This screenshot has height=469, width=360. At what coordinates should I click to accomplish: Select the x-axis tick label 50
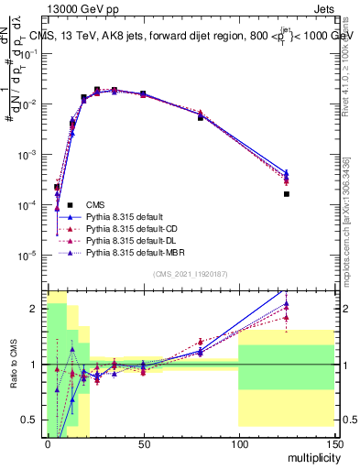coord(143,442)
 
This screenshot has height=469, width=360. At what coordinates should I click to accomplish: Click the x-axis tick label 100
coord(238,442)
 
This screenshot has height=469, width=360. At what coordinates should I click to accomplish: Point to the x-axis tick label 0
coord(48,442)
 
